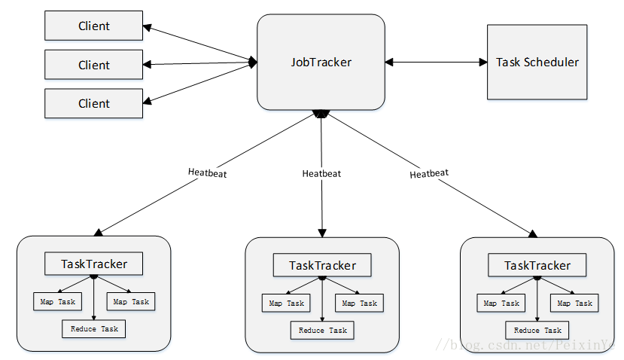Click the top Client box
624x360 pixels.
click(x=93, y=26)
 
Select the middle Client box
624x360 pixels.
click(x=93, y=65)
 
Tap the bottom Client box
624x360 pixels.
click(x=93, y=103)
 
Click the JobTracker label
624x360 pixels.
click(x=321, y=62)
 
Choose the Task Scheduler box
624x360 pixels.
click(x=537, y=62)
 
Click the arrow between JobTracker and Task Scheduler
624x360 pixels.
click(x=436, y=62)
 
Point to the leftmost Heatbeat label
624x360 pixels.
click(x=207, y=172)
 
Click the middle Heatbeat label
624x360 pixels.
click(x=321, y=174)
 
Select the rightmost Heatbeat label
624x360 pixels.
click(x=429, y=174)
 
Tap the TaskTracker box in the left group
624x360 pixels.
click(x=93, y=264)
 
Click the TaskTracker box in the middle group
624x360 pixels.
click(x=322, y=265)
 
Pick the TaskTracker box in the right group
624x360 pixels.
click(x=537, y=265)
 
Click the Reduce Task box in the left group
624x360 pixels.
click(x=93, y=329)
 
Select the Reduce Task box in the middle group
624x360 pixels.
click(x=322, y=331)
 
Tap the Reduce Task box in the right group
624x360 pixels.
click(x=537, y=331)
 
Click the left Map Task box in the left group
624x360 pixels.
click(x=58, y=302)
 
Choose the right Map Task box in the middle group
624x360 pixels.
click(x=359, y=304)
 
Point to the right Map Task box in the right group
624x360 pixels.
click(x=574, y=304)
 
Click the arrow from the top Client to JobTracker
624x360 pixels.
click(x=200, y=44)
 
